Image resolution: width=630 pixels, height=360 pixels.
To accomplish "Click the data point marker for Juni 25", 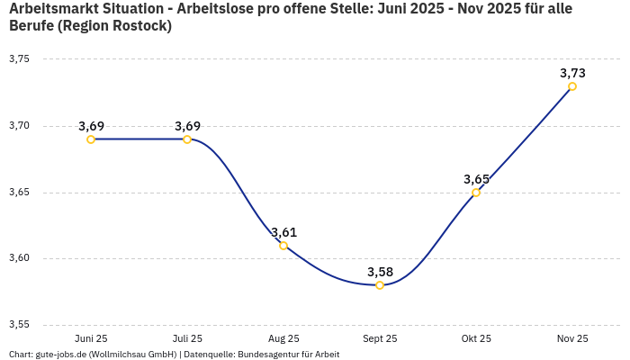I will [91, 139].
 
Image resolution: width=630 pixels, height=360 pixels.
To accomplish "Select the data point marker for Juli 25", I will [187, 139].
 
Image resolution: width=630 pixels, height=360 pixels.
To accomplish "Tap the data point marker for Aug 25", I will [283, 246].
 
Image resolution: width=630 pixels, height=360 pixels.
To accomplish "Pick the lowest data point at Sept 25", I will [380, 285].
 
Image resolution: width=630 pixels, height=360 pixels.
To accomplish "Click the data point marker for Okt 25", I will [476, 193].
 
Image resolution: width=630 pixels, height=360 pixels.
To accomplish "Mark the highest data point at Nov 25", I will [572, 86].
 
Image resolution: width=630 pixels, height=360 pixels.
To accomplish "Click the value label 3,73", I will [572, 73].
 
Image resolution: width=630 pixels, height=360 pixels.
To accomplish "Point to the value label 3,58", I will [380, 272].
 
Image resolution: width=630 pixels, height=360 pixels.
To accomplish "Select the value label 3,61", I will [283, 232].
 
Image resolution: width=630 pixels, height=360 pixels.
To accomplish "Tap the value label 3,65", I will [476, 179].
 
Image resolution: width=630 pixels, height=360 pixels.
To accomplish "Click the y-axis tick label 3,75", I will [19, 59].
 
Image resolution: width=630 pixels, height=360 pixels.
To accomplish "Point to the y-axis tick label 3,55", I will [19, 325].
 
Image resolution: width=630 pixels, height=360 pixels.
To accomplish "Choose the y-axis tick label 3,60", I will [19, 258].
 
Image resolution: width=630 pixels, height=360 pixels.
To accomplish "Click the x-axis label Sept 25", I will [380, 338].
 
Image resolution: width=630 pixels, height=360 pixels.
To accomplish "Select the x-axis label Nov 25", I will [572, 338].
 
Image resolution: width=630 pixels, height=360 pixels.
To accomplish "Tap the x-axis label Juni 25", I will [91, 338].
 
